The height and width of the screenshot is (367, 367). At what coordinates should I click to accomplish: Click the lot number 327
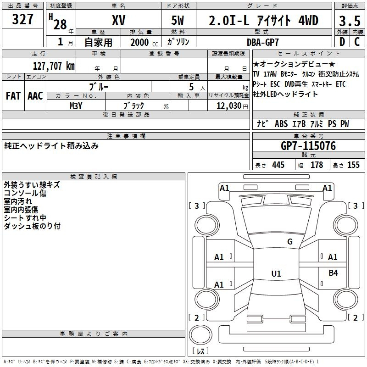click(x=23, y=19)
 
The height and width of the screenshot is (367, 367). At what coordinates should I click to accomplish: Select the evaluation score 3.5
click(x=349, y=21)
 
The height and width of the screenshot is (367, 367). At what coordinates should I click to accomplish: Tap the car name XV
click(x=118, y=20)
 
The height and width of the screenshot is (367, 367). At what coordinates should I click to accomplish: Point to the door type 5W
click(x=178, y=21)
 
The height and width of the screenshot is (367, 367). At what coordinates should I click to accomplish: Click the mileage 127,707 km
click(x=54, y=66)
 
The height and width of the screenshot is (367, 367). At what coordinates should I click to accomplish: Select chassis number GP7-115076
click(x=308, y=146)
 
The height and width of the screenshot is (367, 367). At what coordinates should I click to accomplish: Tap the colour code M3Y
click(x=76, y=105)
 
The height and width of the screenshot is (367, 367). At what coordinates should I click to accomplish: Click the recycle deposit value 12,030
click(x=226, y=106)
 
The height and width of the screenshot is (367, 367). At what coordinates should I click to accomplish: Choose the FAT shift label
click(x=13, y=96)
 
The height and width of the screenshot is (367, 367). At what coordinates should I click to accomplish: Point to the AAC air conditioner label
click(x=35, y=96)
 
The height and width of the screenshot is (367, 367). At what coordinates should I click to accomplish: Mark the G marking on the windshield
click(x=289, y=242)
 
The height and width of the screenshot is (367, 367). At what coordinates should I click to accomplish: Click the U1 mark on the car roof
click(x=276, y=274)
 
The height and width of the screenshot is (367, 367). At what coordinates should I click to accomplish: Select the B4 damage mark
click(x=333, y=273)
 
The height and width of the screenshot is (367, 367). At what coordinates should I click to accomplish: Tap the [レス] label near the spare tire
click(x=200, y=351)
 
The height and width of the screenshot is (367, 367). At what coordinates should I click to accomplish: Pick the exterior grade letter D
click(x=342, y=42)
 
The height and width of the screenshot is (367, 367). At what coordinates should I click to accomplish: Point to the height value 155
click(x=353, y=165)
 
